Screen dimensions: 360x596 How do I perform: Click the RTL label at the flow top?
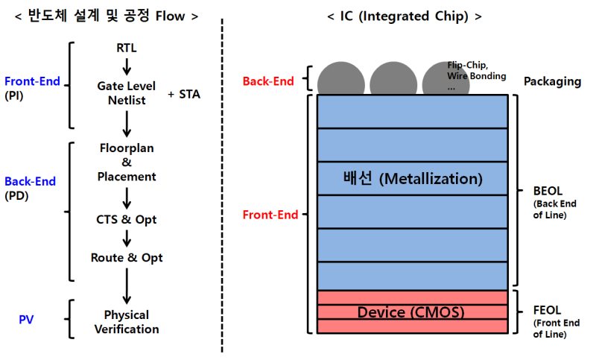[127, 48]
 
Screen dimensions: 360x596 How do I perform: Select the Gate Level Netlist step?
[127, 93]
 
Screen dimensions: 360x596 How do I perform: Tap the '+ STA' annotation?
[184, 94]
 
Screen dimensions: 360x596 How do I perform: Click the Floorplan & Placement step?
[127, 162]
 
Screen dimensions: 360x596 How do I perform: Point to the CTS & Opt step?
[127, 220]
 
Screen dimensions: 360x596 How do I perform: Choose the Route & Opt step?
[127, 258]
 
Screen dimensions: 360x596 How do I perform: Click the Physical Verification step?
[127, 322]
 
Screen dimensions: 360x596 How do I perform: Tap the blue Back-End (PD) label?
[30, 188]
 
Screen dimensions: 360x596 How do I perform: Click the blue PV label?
[27, 320]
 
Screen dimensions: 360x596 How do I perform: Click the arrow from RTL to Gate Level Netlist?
[127, 66]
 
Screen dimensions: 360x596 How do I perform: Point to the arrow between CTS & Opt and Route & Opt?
[127, 239]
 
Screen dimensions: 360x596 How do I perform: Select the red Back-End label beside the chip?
[268, 81]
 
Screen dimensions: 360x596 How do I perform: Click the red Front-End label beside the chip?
[270, 215]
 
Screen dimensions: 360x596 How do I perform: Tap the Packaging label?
[552, 81]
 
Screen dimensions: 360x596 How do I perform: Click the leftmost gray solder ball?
[340, 80]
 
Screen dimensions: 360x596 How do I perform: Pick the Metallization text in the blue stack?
[412, 179]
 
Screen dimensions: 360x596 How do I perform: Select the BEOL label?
[550, 190]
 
